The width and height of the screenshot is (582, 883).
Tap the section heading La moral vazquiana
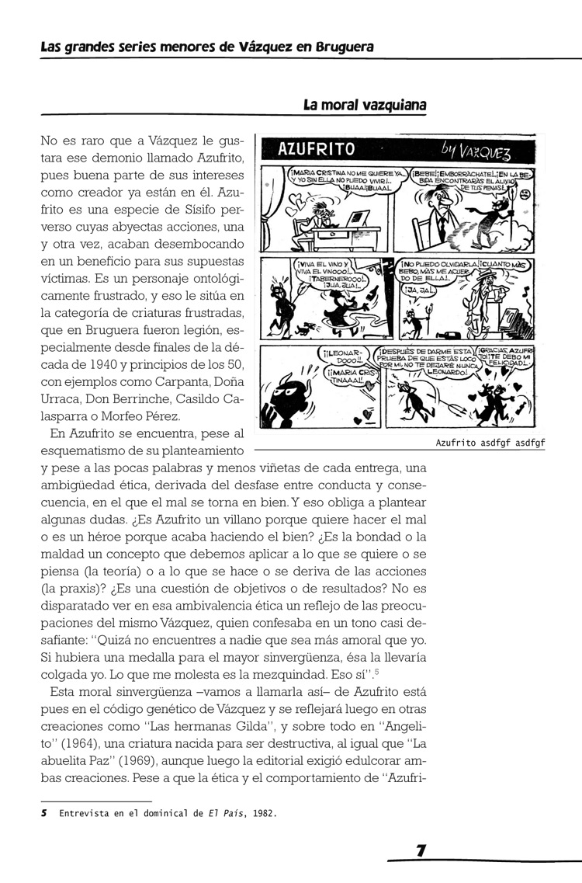[365, 105]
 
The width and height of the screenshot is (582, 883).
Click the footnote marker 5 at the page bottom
[43, 814]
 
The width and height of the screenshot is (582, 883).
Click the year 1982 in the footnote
[264, 814]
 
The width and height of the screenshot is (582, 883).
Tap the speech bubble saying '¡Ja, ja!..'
[419, 290]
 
